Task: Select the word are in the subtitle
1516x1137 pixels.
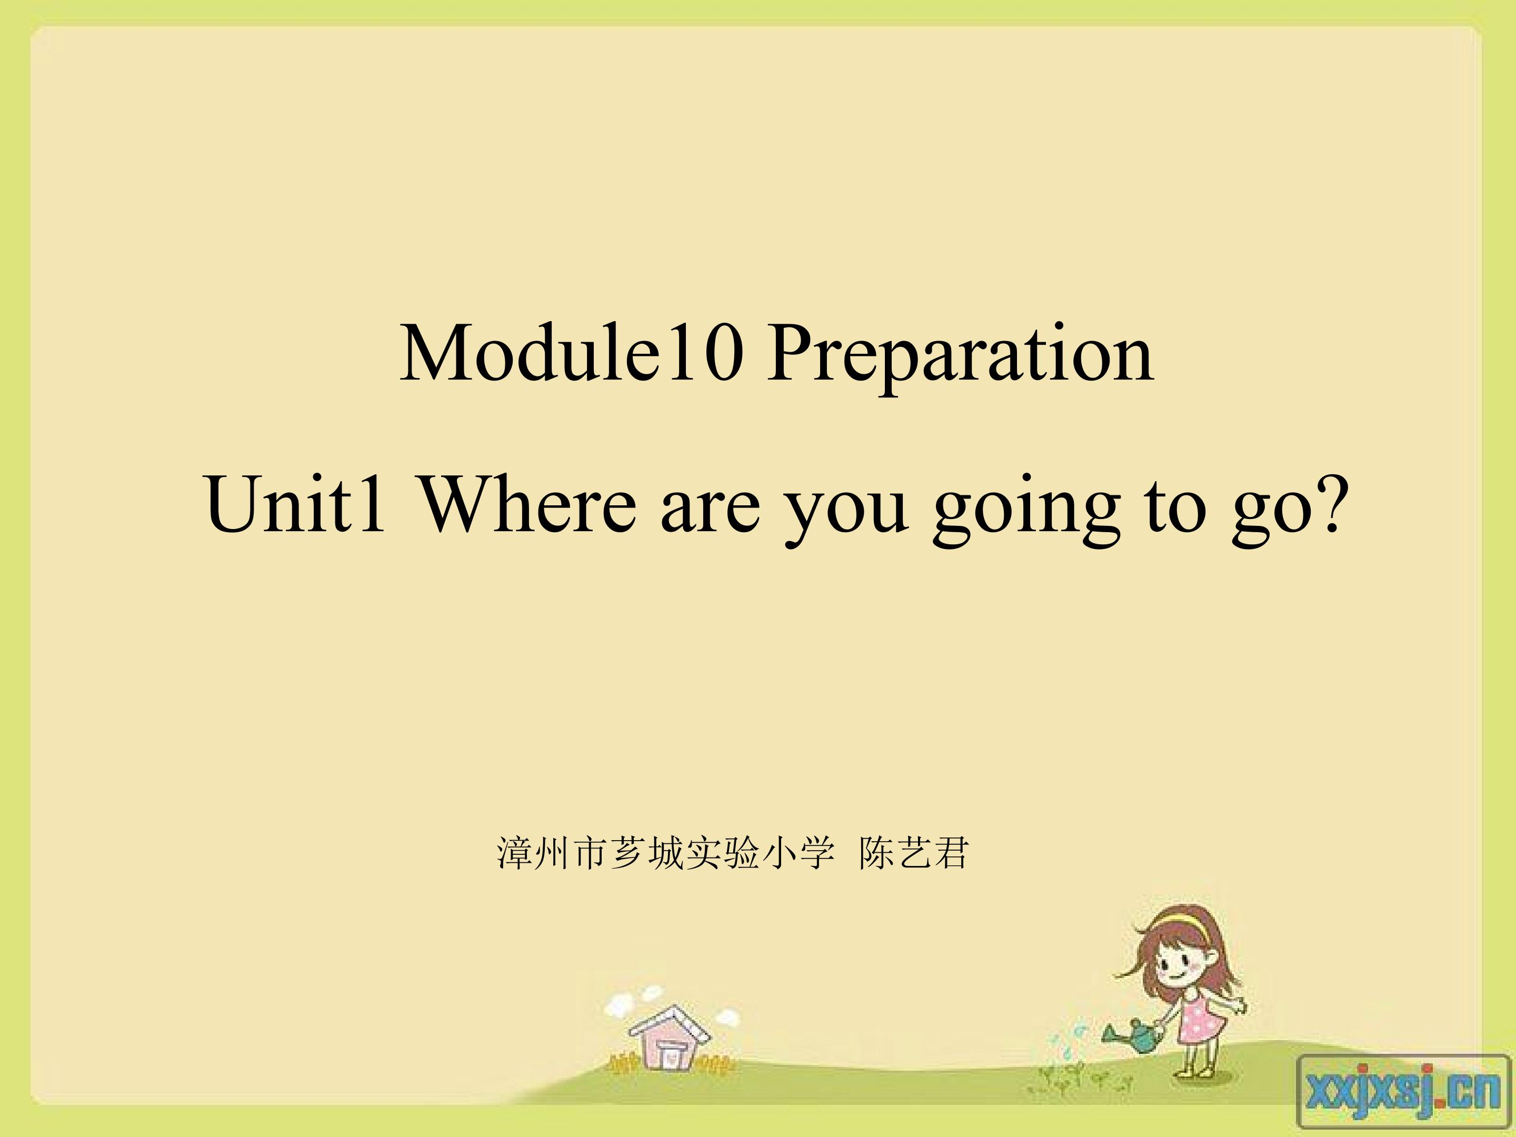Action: coord(710,512)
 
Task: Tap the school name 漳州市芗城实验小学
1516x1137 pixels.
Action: coord(665,853)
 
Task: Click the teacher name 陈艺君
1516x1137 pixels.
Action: coord(914,853)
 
